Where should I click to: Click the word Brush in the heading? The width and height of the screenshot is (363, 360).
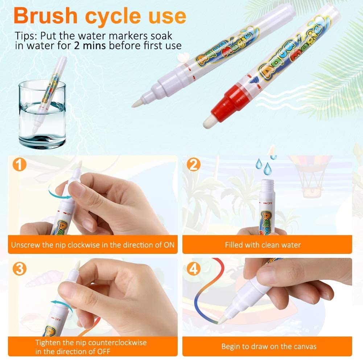[45, 16]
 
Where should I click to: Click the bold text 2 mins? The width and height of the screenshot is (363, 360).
[90, 46]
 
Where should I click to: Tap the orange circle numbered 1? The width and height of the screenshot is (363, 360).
[20, 164]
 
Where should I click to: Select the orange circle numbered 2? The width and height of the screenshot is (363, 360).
[194, 164]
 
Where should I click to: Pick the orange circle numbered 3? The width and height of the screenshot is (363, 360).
[20, 269]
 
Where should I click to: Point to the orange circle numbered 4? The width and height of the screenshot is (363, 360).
[194, 269]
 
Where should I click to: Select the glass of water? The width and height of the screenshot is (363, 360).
[42, 114]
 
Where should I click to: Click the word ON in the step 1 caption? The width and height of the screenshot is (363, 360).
[169, 245]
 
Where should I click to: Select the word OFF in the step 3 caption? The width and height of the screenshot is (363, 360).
[103, 351]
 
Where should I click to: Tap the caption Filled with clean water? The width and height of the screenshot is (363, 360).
[263, 245]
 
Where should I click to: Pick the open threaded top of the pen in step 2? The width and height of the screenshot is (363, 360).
[268, 186]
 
